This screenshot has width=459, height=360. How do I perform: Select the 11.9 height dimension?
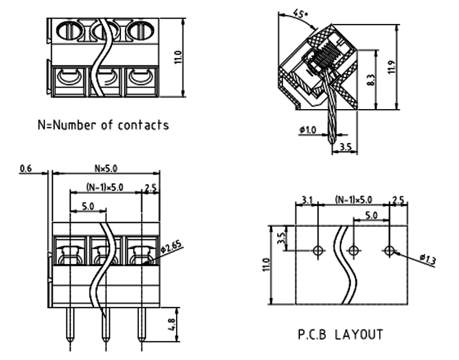click(x=392, y=67)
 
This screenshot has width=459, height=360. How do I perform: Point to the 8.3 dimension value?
click(x=371, y=80)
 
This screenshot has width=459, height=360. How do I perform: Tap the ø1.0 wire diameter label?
click(x=308, y=129)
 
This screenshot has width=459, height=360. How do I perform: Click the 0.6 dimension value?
click(x=25, y=169)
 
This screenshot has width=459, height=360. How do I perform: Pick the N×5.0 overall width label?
click(x=106, y=168)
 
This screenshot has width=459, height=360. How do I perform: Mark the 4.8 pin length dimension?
click(x=172, y=324)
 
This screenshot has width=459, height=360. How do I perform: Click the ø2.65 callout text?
click(x=171, y=247)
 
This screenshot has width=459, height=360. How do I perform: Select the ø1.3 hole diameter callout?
click(x=428, y=259)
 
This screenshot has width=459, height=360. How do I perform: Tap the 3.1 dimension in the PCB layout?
click(x=307, y=200)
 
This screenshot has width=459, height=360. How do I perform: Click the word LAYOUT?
click(x=359, y=335)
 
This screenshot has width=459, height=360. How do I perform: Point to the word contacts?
click(x=143, y=125)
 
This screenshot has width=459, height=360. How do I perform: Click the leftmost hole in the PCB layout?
click(x=318, y=250)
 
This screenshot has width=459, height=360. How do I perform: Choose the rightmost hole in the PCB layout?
click(x=390, y=250)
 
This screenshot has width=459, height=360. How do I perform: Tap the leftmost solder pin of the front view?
click(x=70, y=325)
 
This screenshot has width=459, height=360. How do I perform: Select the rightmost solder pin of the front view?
click(x=142, y=325)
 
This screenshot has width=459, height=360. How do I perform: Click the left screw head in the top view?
click(x=68, y=30)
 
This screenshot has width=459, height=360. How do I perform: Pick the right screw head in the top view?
click(x=139, y=30)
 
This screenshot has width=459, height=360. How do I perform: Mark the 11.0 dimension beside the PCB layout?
click(x=266, y=265)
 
